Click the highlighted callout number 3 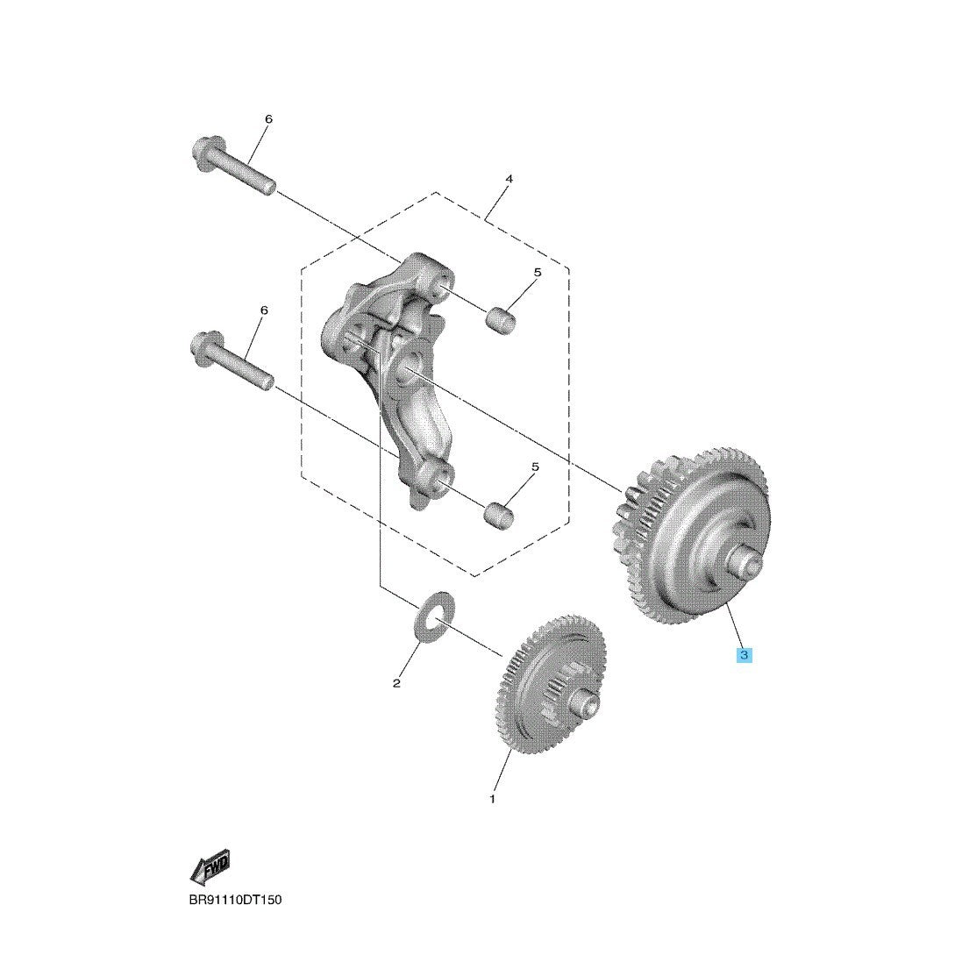click(x=744, y=655)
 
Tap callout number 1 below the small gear click(x=492, y=799)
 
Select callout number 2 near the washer click(x=396, y=683)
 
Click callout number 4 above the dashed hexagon click(x=509, y=179)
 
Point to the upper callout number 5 click(x=538, y=273)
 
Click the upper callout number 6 click(x=268, y=119)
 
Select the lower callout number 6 click(x=264, y=310)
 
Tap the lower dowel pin click(x=499, y=516)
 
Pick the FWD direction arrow click(x=210, y=867)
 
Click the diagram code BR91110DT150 click(x=236, y=900)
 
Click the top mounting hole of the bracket click(x=439, y=287)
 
